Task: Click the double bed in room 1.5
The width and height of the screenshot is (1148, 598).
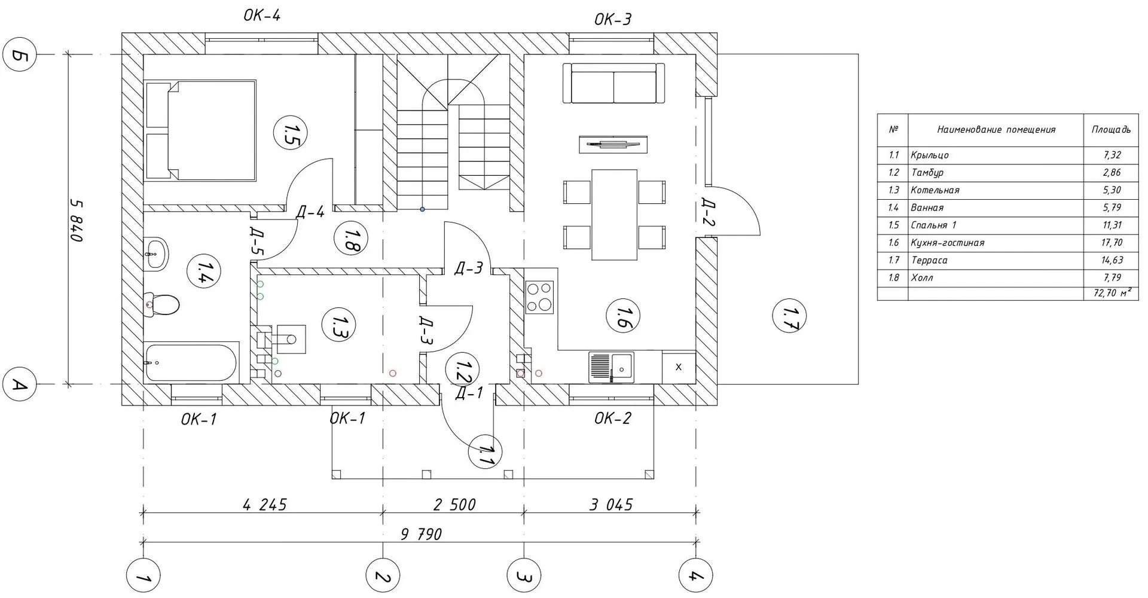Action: (203, 130)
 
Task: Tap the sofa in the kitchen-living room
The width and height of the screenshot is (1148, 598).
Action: (614, 84)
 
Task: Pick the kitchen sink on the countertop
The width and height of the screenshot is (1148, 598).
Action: (611, 367)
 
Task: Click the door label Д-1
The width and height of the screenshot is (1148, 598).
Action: (469, 393)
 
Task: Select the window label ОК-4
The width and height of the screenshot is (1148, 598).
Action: (262, 16)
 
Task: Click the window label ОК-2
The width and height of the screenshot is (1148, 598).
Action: (613, 418)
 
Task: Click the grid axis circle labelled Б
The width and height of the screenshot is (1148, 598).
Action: (20, 55)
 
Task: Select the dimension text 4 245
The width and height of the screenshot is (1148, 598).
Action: (265, 505)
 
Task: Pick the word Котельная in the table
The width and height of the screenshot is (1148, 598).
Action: (935, 190)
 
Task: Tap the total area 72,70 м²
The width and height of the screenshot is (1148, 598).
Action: (1112, 293)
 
